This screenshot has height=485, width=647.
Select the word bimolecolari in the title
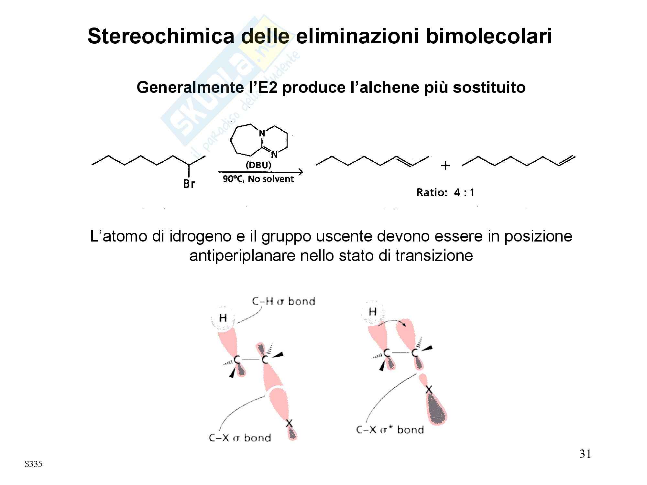pos(489,36)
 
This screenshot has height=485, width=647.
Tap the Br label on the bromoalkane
pos(189,184)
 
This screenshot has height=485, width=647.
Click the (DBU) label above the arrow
pos(258,165)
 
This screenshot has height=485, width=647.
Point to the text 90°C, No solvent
pos(258,179)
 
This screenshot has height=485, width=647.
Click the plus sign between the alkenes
pos(445,166)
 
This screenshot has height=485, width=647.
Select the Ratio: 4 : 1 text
pos(445,193)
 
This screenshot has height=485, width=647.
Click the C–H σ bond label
pos(283,301)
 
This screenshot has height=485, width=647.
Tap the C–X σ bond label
pos(240,438)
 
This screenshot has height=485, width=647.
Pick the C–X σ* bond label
pos(390,430)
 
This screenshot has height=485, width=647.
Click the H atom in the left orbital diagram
pos(223,318)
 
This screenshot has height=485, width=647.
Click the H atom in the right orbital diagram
pos(373,312)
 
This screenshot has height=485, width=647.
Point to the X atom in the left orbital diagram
pos(289,423)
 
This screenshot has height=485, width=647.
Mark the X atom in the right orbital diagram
pos(429,390)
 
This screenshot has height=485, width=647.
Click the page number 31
pos(585,454)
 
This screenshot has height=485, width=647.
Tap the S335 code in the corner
pos(33,464)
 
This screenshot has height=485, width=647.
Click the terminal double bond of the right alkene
pos(567,161)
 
